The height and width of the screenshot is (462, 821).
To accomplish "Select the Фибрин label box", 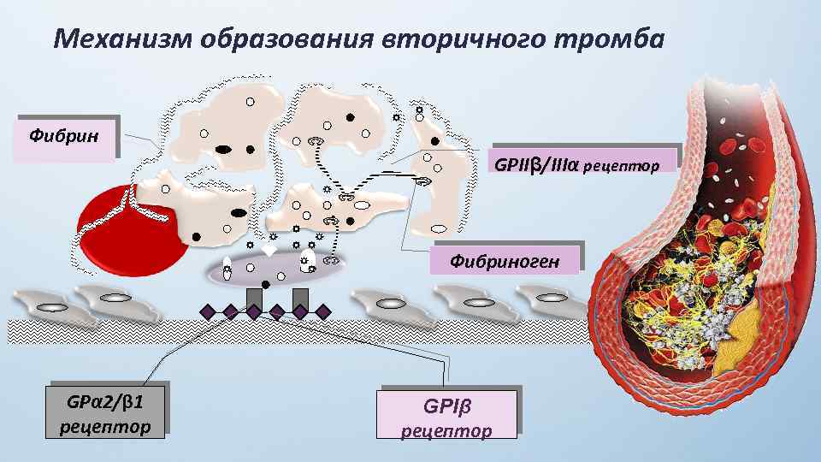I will pos(63,137).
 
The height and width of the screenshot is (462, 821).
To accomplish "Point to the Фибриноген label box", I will pos(505,259).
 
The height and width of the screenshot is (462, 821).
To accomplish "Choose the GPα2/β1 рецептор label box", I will pos(106,412).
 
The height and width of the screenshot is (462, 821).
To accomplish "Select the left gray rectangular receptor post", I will pos(254,298).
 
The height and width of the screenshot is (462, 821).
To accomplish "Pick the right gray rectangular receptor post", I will pos(300,298).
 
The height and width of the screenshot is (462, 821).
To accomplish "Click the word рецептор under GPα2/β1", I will pos(106,426).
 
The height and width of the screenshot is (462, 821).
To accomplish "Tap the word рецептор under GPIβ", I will pos(447,431).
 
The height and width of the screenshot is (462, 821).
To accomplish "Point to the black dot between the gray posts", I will pos(266,284).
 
